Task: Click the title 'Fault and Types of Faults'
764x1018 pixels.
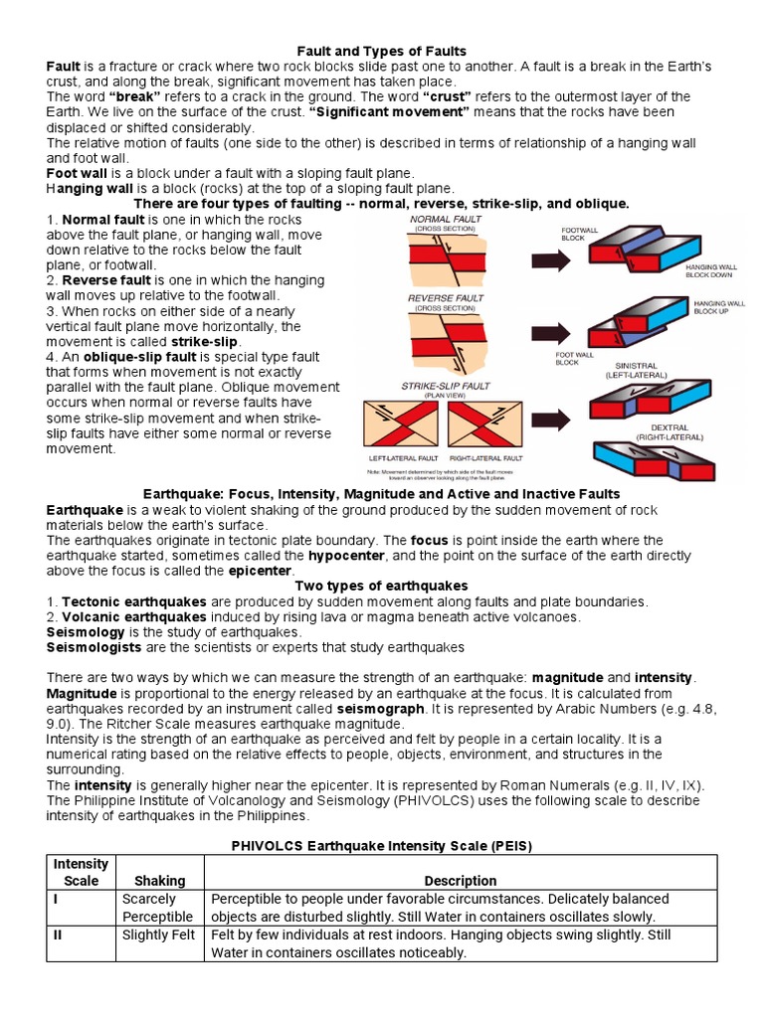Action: click(x=382, y=51)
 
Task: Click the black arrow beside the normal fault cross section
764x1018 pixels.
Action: click(x=547, y=261)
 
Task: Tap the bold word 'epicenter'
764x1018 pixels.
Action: click(x=260, y=571)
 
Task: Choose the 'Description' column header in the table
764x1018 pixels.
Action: click(x=460, y=880)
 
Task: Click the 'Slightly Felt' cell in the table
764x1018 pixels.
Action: click(x=160, y=934)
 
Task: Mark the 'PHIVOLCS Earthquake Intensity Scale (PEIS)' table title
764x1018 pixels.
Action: click(x=382, y=846)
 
